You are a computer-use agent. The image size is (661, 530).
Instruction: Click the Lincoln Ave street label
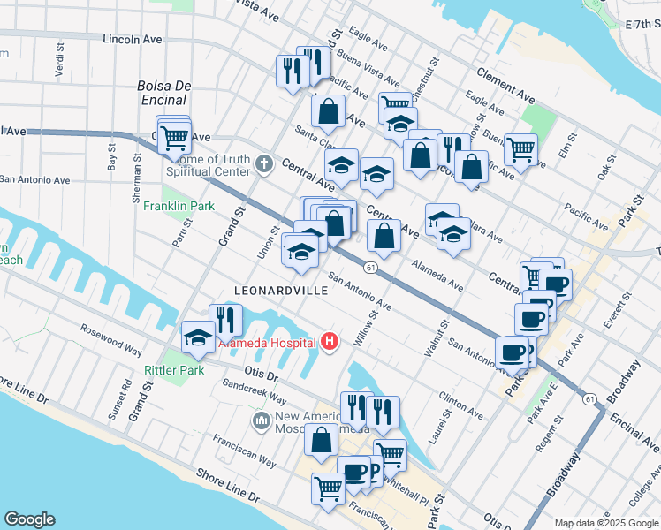click(x=133, y=40)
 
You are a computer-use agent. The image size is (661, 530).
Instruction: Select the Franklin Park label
click(x=189, y=207)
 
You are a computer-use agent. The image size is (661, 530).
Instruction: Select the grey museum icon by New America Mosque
click(x=261, y=419)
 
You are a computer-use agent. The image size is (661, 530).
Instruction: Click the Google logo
click(x=29, y=519)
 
